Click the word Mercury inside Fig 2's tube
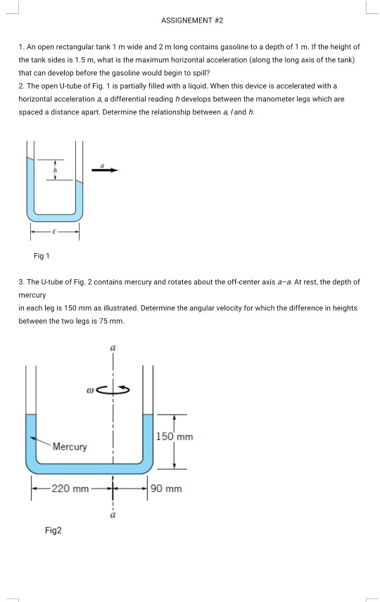coord(70,447)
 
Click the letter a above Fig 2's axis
coord(112,348)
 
